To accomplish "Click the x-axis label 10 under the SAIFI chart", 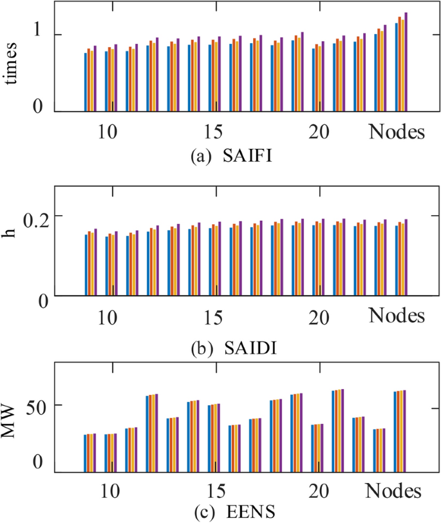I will (x=108, y=132).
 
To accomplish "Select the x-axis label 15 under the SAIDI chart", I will (x=214, y=318).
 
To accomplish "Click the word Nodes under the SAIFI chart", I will (x=397, y=132).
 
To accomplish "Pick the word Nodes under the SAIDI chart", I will (x=397, y=316).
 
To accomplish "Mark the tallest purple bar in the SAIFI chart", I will (x=406, y=62).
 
